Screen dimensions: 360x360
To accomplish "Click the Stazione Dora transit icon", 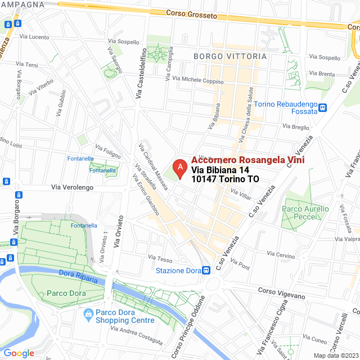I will pyautogui.click(x=207, y=270).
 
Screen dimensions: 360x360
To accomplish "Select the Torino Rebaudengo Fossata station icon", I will pyautogui.click(x=323, y=109).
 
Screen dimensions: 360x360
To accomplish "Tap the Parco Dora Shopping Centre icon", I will pyautogui.click(x=88, y=313).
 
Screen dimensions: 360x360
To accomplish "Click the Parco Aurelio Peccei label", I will pyautogui.click(x=304, y=212).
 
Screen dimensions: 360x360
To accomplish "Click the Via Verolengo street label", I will pyautogui.click(x=72, y=187).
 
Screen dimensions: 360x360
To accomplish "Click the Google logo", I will pyautogui.click(x=19, y=353).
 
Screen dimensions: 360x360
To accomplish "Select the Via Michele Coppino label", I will pyautogui.click(x=197, y=80).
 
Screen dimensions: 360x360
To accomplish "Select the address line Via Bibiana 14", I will pyautogui.click(x=220, y=170).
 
